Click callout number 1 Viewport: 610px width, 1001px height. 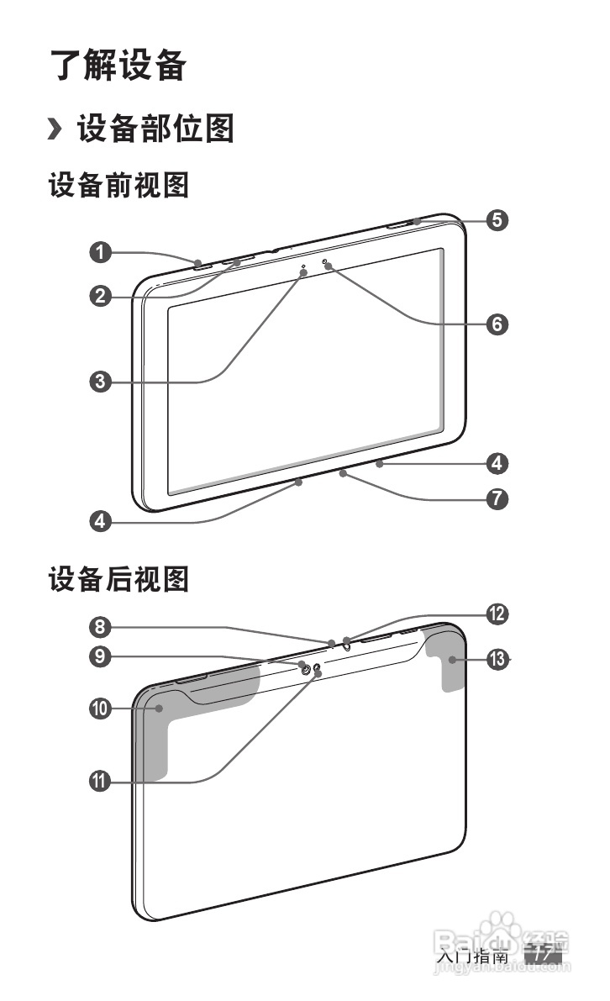coord(102,251)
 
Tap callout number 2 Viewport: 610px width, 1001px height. coord(102,296)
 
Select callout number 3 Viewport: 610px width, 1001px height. coord(102,382)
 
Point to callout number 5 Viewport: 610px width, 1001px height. coord(497,220)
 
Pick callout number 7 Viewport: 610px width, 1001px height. coord(497,498)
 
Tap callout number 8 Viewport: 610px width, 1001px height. coord(101,626)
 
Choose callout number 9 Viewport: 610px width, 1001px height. coord(101,657)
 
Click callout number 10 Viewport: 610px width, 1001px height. coord(101,709)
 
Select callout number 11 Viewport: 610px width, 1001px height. coord(101,782)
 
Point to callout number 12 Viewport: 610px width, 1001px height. coord(497,614)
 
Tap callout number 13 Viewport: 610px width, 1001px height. coord(497,660)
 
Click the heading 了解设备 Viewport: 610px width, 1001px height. coord(118,66)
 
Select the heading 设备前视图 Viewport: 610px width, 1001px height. coord(118,186)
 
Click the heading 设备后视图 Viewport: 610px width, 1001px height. coord(118,579)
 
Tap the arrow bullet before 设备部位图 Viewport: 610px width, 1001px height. coord(55,130)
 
